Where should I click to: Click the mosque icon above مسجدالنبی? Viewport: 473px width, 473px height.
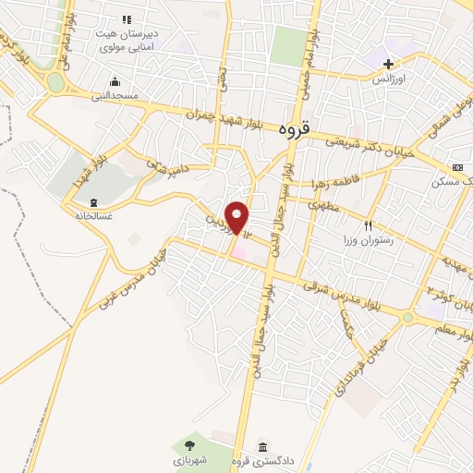point(114,80)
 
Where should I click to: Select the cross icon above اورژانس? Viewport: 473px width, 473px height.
point(389,65)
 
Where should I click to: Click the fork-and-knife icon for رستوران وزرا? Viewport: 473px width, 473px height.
point(369,225)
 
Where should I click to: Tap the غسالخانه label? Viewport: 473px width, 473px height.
point(92,215)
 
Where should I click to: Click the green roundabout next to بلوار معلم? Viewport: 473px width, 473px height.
point(407,319)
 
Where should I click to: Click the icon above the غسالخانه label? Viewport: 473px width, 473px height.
point(92,201)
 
